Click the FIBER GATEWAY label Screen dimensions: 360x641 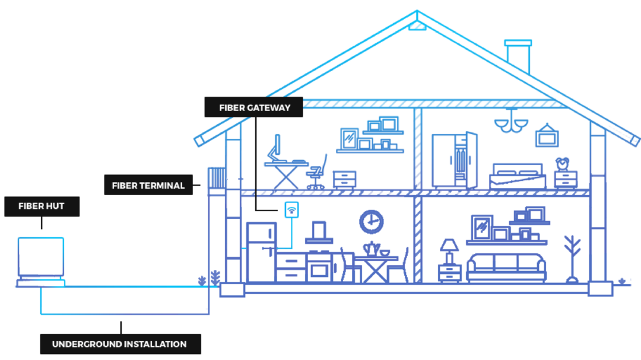coord(254,107)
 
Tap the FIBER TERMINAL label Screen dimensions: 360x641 coord(148,185)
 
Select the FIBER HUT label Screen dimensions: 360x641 coord(42,206)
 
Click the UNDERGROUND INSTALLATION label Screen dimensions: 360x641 coord(119,344)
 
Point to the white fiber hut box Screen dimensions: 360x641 coord(41,259)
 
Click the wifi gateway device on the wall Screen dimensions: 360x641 coord(291,210)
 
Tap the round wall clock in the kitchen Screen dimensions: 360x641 coord(371,222)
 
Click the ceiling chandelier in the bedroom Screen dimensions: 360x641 coord(511,123)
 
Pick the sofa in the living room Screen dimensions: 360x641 coord(506,267)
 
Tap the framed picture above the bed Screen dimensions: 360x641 coord(546,136)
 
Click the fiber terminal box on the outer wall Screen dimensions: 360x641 coord(218,178)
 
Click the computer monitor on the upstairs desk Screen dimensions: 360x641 coord(275,146)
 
